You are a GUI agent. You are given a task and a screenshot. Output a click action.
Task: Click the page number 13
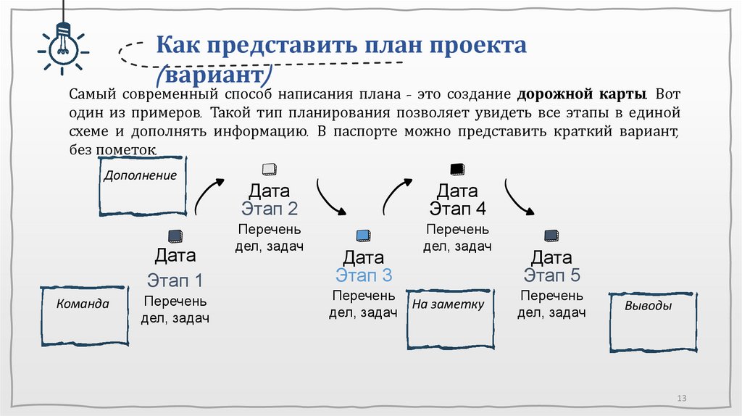point(680,399)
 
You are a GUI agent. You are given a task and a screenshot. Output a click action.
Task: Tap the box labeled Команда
point(83,315)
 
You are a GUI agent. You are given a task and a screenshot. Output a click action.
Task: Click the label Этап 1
point(175,280)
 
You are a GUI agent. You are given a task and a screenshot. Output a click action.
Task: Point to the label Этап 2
point(270,209)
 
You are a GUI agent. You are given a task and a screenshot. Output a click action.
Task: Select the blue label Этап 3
point(364,275)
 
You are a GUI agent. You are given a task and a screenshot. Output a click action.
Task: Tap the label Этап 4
point(457,209)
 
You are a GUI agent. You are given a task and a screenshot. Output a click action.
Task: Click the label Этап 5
point(552,275)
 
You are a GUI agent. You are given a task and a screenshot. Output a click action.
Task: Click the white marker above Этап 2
point(270,170)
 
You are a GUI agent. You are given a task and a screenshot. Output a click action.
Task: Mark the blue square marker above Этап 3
point(364,235)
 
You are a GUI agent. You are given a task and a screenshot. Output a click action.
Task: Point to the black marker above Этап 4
point(457,170)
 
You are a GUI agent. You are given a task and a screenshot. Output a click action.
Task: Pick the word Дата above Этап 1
point(175,255)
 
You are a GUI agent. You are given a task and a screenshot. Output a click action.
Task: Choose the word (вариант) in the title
point(215,75)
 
